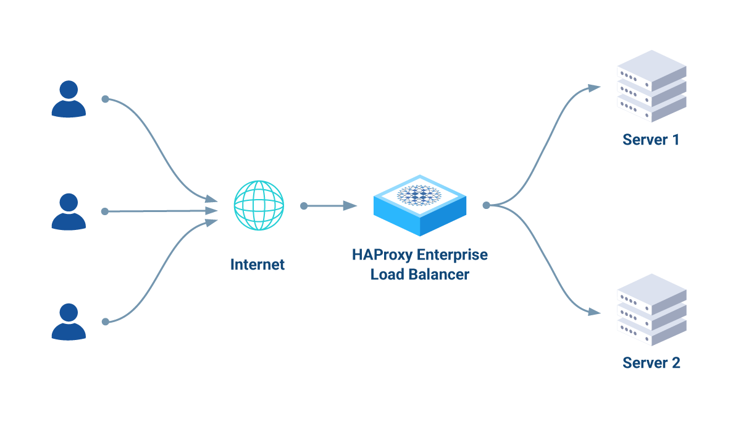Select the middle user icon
68,211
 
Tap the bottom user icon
68,321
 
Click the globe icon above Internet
259,206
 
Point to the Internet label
257,265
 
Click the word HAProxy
383,255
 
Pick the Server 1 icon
652,86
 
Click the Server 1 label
651,140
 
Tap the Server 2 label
651,363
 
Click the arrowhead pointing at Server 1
594,88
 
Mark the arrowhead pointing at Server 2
594,312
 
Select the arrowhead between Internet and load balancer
350,206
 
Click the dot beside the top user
106,99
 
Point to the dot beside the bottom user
106,321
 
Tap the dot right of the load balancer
487,205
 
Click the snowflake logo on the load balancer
419,195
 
